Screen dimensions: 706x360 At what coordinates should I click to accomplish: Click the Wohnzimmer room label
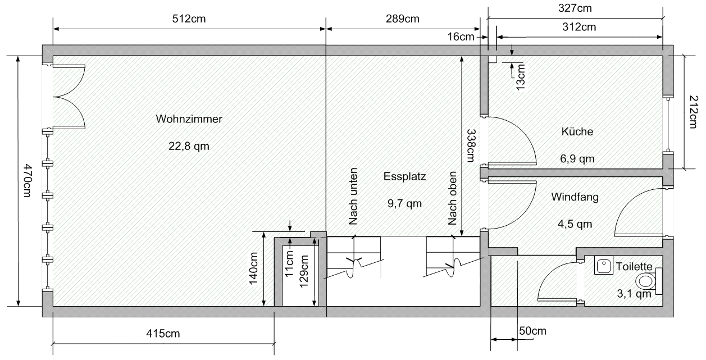[x=189, y=119]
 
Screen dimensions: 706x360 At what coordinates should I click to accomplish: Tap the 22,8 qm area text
[x=189, y=146]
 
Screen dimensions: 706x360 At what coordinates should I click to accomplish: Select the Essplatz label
[x=405, y=176]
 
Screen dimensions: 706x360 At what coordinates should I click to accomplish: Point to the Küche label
[x=577, y=131]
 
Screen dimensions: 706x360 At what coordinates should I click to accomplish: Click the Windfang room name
[x=575, y=197]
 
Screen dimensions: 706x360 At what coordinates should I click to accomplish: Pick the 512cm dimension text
[x=189, y=19]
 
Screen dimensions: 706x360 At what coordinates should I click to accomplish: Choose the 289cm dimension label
[x=403, y=19]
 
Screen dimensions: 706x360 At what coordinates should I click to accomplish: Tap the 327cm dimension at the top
[x=575, y=8]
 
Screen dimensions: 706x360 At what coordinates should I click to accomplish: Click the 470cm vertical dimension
[x=28, y=180]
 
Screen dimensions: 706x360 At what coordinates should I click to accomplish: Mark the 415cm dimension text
[x=163, y=334]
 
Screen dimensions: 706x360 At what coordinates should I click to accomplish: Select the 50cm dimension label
[x=532, y=331]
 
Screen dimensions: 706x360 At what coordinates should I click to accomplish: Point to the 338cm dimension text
[x=471, y=145]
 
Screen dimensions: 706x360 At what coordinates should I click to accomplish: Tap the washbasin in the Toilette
[x=604, y=265]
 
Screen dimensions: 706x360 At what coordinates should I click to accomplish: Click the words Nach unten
[x=353, y=196]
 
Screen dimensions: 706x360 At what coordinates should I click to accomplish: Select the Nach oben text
[x=452, y=198]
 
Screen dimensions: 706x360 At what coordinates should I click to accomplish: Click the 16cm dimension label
[x=461, y=37]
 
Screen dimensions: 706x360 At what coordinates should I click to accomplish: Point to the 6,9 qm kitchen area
[x=577, y=158]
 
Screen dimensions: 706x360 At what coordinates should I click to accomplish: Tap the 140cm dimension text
[x=254, y=268]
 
